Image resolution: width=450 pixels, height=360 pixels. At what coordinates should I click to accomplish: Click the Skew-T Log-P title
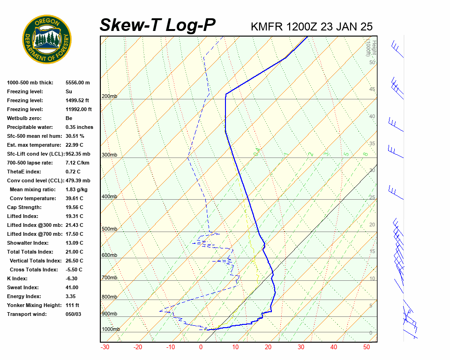click(157, 25)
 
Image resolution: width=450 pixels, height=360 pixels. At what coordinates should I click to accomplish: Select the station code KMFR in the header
click(267, 27)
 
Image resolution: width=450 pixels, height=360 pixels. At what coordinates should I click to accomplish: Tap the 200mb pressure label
click(109, 97)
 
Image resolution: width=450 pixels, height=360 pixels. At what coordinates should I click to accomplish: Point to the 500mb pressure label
click(109, 229)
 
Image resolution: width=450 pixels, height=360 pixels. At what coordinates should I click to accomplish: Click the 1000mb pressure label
click(111, 330)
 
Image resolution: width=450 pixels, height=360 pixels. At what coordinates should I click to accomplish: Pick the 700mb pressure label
click(109, 278)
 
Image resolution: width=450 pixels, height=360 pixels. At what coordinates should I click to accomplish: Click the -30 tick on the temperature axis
click(105, 347)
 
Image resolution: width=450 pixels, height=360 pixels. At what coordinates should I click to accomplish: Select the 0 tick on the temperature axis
click(201, 347)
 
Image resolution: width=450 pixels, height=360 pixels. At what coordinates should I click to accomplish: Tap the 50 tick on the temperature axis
click(367, 347)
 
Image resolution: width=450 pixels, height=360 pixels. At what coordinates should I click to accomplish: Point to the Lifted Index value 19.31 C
click(75, 216)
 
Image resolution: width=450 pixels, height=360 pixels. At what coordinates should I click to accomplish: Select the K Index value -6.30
click(73, 278)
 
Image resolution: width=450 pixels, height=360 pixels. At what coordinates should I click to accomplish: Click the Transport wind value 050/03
click(74, 314)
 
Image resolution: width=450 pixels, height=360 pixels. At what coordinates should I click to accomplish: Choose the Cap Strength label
click(24, 207)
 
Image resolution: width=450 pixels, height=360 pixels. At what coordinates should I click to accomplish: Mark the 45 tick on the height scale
click(372, 90)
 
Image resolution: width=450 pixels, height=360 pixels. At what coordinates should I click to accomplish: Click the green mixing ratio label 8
click(365, 153)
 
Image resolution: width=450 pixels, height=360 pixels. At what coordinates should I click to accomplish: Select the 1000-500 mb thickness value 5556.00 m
click(77, 82)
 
